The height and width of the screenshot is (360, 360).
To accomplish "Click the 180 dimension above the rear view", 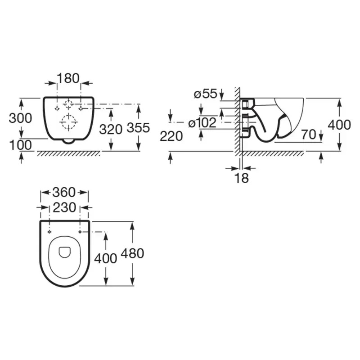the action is click(x=68, y=78).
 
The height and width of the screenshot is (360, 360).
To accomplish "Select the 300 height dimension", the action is click(x=20, y=118).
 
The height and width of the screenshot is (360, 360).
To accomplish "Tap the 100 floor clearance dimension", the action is click(x=20, y=145).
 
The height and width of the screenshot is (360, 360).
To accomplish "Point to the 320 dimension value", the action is click(x=111, y=130).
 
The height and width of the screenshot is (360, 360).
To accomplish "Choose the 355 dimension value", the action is click(x=138, y=128).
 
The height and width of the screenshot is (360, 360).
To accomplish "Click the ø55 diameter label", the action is click(x=206, y=94).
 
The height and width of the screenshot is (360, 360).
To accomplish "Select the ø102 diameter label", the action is click(x=202, y=123).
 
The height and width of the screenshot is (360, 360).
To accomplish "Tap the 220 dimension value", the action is click(x=171, y=136).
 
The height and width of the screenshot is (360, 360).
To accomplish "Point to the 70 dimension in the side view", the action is click(x=309, y=135).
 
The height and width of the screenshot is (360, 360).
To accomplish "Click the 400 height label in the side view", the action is click(x=339, y=125).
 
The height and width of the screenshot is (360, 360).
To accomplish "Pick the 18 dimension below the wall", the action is click(x=242, y=178).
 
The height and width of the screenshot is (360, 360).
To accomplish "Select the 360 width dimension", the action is click(x=64, y=192).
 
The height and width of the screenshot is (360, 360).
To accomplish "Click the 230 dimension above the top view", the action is click(x=64, y=207).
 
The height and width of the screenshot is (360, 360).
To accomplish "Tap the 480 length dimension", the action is click(x=132, y=253).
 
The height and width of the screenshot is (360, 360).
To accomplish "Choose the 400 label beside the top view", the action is click(x=106, y=259).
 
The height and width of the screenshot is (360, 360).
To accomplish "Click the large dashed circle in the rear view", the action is click(x=68, y=122).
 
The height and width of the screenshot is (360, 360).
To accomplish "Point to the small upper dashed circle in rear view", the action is click(x=68, y=104).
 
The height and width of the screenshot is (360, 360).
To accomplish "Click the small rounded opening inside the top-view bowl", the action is click(x=65, y=252).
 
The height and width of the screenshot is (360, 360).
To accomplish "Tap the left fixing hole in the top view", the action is click(x=49, y=232).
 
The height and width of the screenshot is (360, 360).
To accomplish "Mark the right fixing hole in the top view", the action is click(x=80, y=232).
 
